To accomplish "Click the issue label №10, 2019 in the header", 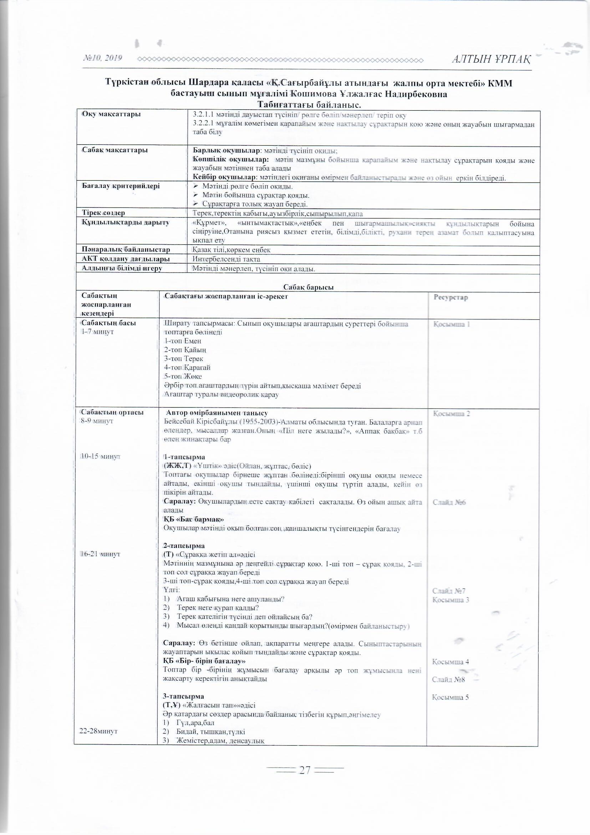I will click(x=102, y=58).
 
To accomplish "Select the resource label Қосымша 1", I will click(x=452, y=324).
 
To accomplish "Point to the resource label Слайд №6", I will click(x=449, y=502).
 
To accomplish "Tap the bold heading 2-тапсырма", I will click(x=184, y=545).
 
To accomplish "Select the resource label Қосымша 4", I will click(x=451, y=661).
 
